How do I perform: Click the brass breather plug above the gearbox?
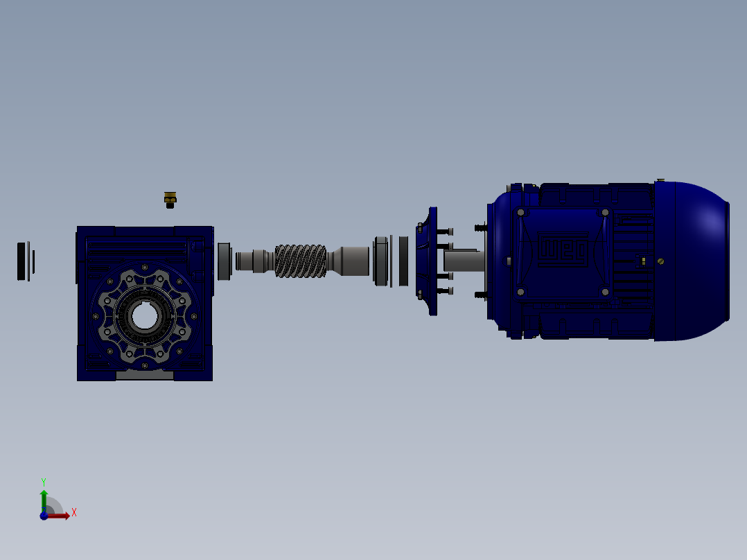(170, 200)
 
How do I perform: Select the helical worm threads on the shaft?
(300, 261)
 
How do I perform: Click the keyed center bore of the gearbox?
(144, 317)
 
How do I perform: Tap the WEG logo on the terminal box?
(563, 251)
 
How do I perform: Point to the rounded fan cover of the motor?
(693, 261)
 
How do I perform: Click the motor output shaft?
(463, 261)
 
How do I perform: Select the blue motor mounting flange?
(431, 261)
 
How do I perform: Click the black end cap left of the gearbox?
(23, 261)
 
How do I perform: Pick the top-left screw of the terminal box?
(520, 213)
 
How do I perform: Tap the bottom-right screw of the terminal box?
(605, 292)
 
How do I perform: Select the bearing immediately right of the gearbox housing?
(224, 261)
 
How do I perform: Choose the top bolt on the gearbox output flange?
(144, 267)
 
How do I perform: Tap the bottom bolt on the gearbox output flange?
(144, 365)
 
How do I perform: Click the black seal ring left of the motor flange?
(403, 261)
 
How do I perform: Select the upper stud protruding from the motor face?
(480, 227)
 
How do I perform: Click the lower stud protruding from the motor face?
(480, 295)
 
